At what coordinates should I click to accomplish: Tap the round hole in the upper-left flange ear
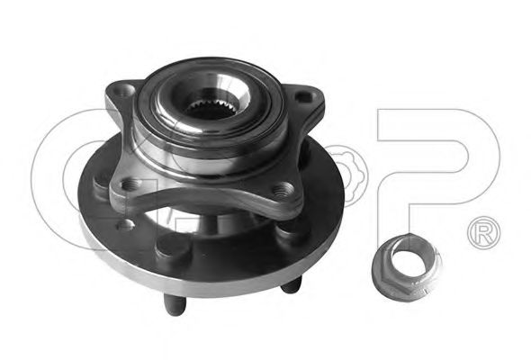124,91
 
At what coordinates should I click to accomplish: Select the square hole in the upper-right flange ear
303,96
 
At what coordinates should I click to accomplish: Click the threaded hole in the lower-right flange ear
283,188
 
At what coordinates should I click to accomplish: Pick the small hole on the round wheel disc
125,225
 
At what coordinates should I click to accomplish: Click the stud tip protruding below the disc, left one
174,304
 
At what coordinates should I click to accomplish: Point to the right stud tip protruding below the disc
292,284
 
